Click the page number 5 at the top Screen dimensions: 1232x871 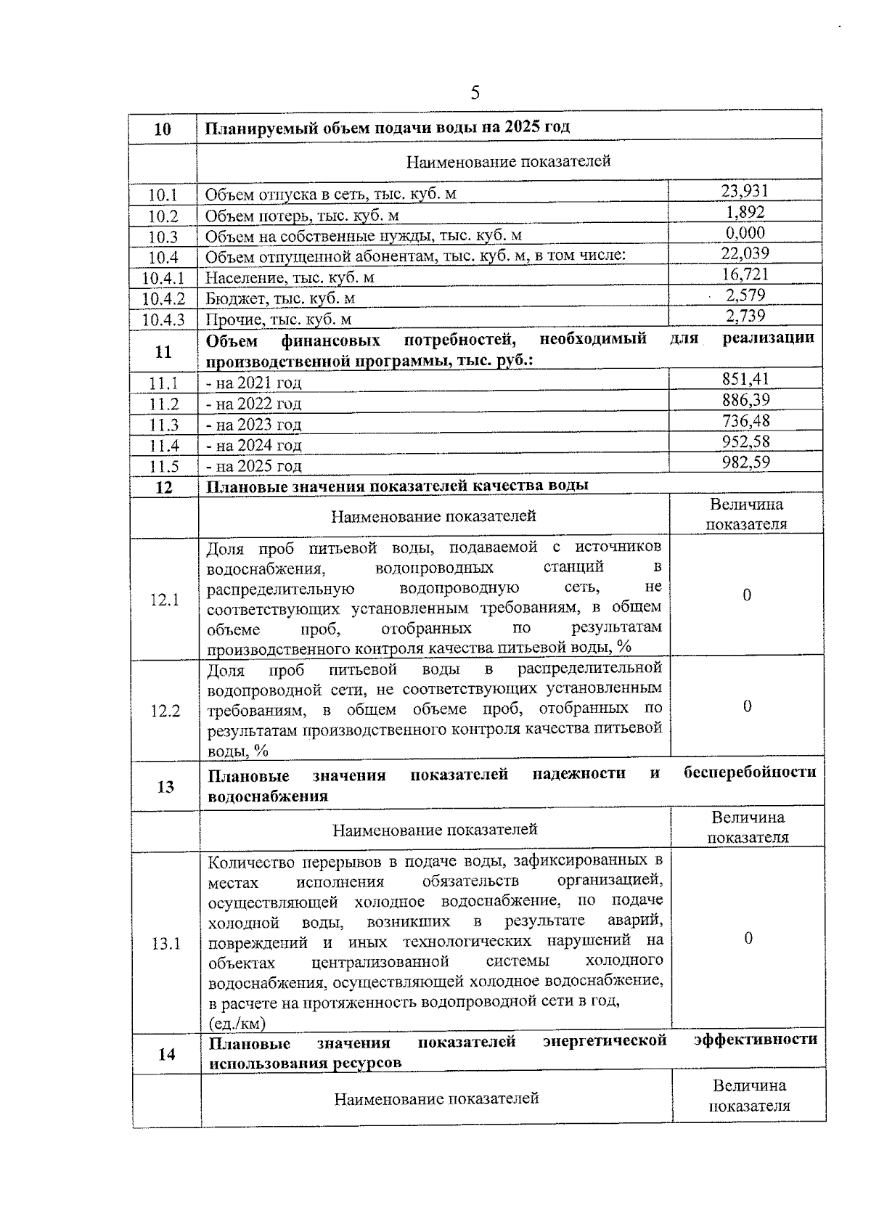tap(475, 92)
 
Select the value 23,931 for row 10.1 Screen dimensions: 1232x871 tap(744, 191)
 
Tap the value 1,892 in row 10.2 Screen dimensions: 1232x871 tap(745, 212)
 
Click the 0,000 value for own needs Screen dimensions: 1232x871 tap(745, 232)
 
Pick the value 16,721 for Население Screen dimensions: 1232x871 tap(745, 274)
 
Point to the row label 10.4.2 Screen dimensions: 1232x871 tap(163, 298)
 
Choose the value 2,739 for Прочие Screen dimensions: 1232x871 tap(745, 315)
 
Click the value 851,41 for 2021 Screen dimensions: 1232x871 tap(745, 379)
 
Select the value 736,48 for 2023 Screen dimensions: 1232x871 tap(745, 420)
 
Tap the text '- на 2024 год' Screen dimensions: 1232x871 tap(253, 445)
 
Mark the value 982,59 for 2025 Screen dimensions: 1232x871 tap(745, 462)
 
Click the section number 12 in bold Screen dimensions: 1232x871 tap(165, 487)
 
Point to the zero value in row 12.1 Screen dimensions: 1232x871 tap(746, 595)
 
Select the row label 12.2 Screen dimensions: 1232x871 tap(165, 711)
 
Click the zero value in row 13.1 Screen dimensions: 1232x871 tap(748, 938)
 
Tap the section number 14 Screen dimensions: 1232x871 tap(166, 1053)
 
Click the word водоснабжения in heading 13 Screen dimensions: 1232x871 tap(267, 796)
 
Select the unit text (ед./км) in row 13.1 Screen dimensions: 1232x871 tap(237, 1024)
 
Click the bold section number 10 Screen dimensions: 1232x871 tap(163, 129)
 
